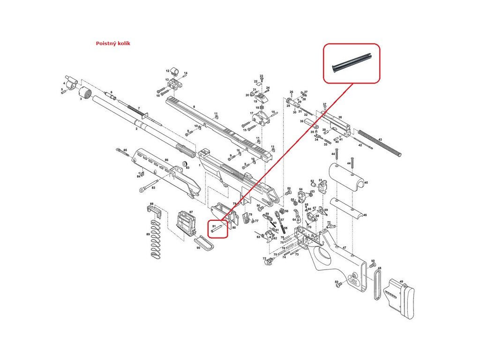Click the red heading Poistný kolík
[x=112, y=43]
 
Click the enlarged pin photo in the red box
[x=352, y=63]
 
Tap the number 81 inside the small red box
[x=214, y=226]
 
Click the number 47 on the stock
[x=344, y=247]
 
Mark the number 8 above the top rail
[x=194, y=107]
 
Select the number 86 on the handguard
[x=166, y=160]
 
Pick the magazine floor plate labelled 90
[x=203, y=243]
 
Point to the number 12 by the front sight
[x=167, y=71]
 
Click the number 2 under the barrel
[x=136, y=128]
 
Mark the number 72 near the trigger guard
[x=264, y=258]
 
